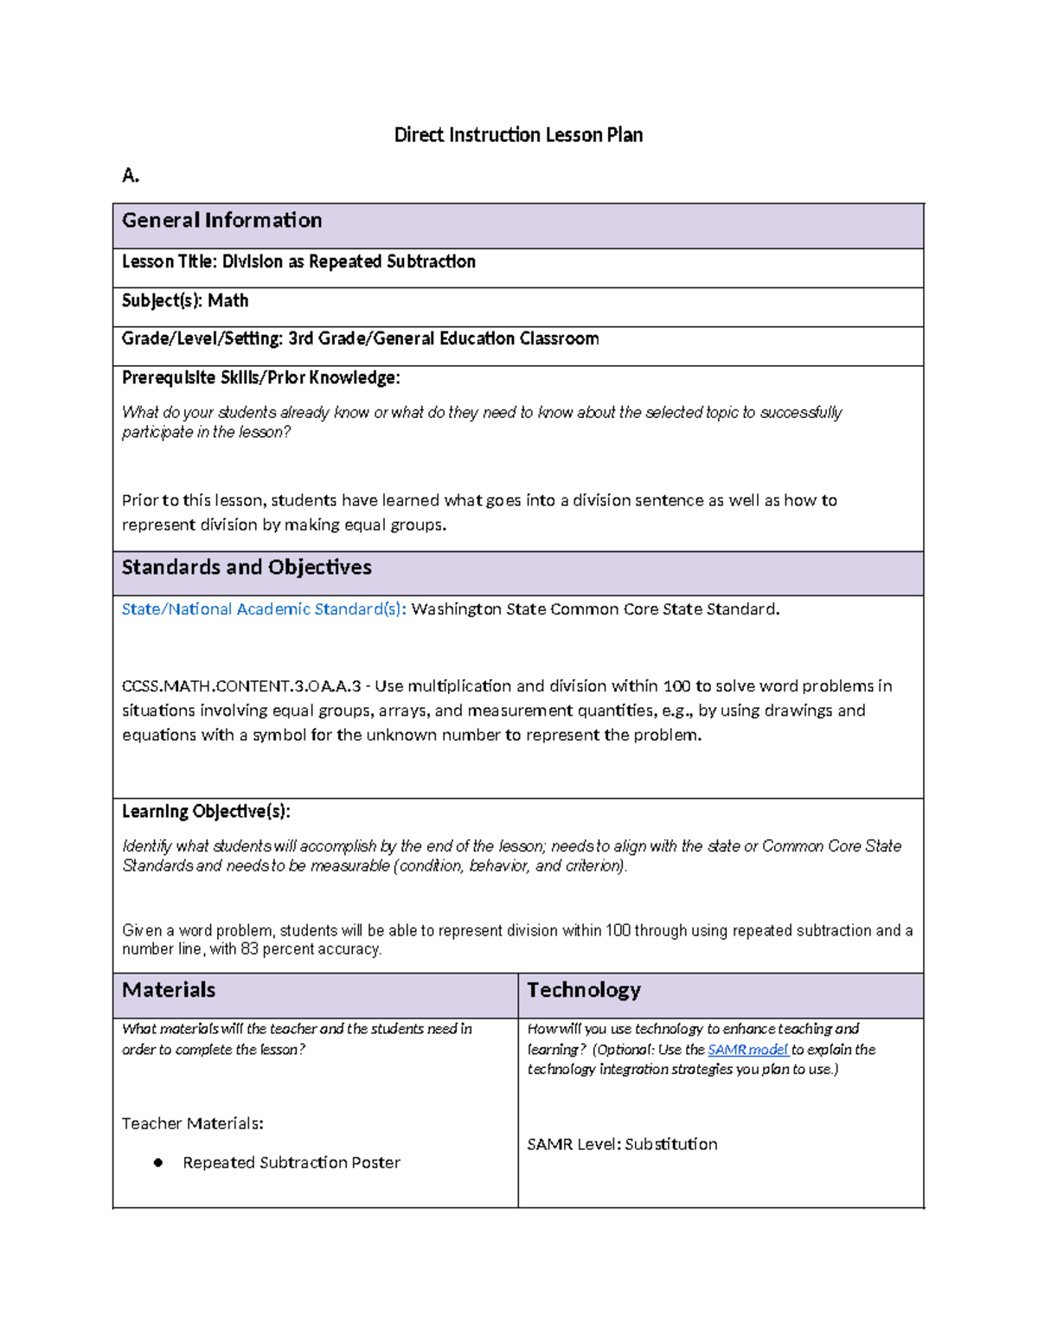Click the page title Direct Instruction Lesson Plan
518,135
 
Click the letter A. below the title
131,176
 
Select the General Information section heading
221,221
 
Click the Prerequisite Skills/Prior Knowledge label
260,377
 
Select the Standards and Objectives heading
247,567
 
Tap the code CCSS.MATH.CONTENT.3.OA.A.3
241,686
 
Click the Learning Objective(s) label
206,811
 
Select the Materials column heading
169,990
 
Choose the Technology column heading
584,990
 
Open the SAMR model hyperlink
747,1050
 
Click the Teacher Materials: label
192,1123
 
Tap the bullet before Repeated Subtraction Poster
158,1162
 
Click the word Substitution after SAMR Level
670,1144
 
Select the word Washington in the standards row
456,609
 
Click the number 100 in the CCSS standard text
676,686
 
